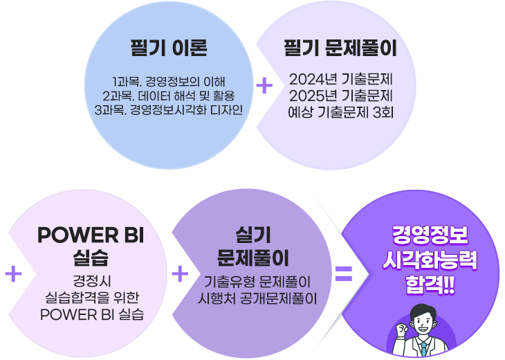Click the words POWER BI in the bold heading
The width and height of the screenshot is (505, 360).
point(91,235)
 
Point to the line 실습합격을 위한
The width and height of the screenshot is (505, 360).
point(91,297)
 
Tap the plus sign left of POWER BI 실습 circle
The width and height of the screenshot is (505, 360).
point(13,274)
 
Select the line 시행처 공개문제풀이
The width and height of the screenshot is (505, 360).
point(257,298)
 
